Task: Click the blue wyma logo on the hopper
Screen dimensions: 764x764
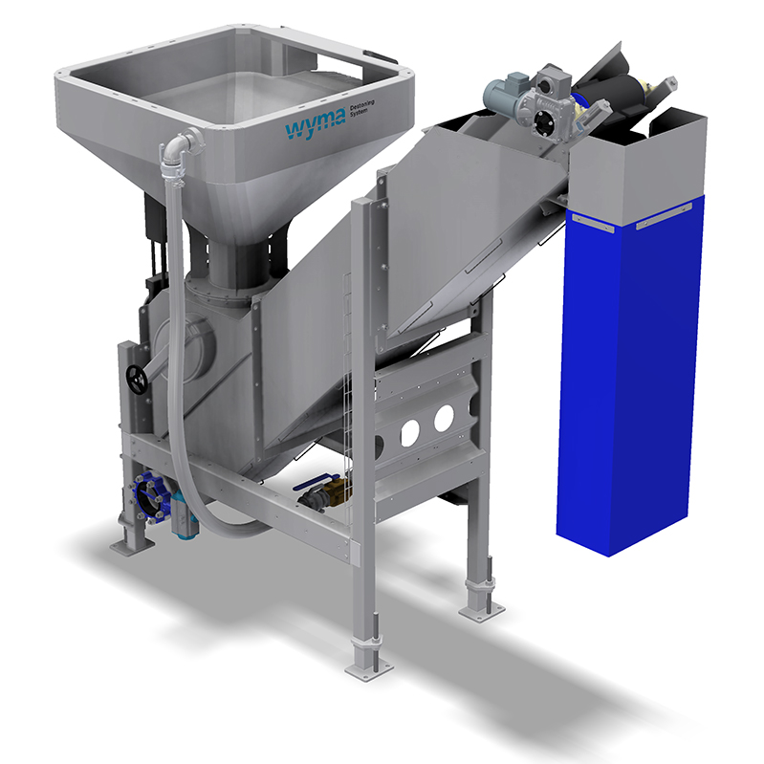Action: click(315, 124)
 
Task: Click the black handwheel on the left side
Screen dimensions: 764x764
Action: click(137, 379)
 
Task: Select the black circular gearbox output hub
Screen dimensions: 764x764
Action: click(543, 120)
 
